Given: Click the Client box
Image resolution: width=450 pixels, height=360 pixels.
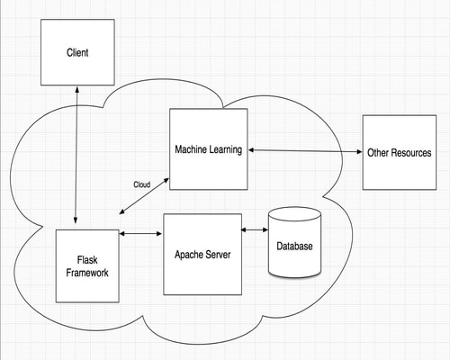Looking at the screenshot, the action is (77, 52).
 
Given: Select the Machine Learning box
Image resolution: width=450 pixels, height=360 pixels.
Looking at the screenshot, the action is (209, 149).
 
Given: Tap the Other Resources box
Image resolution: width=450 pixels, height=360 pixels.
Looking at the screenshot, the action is (400, 152).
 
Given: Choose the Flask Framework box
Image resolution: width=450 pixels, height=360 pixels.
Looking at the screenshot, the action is (87, 266).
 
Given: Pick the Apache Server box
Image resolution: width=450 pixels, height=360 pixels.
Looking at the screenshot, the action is (202, 255).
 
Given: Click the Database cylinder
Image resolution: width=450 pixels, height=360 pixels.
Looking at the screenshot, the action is (294, 242).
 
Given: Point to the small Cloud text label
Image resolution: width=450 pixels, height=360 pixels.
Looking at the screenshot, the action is (142, 184).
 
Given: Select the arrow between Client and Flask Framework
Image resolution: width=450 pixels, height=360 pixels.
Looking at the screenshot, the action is (76, 155).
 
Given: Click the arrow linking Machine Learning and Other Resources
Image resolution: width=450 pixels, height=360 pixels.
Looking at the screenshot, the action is (305, 151).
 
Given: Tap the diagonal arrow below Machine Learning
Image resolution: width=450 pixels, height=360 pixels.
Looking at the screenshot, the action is (144, 196).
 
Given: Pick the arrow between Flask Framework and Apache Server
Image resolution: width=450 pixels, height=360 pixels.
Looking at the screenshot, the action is (140, 233).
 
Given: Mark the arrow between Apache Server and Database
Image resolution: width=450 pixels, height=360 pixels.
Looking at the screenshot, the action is (255, 229).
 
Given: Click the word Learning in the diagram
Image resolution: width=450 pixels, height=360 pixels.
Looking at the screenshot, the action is (226, 149).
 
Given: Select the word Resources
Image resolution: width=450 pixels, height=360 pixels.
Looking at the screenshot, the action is (411, 153).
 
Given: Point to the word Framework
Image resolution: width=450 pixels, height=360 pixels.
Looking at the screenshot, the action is (87, 273).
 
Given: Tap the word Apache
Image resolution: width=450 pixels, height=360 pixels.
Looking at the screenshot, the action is (187, 255).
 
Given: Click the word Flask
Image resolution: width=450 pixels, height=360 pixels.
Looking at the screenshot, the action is (87, 260).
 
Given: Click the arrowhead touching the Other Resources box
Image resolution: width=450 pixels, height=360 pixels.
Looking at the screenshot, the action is (359, 152).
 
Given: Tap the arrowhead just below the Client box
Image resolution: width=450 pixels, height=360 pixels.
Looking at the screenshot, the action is (77, 89).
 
